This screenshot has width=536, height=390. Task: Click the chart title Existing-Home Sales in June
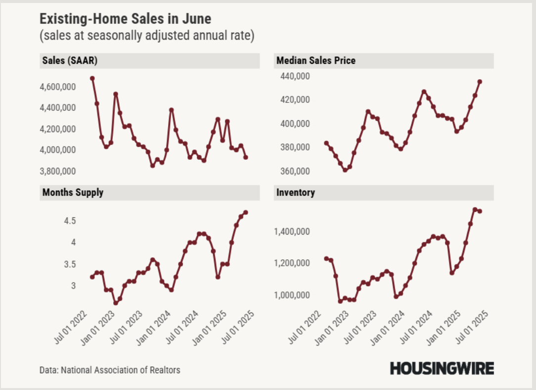point(125,19)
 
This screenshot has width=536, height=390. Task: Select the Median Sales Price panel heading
point(316,61)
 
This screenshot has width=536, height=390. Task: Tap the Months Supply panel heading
point(73,193)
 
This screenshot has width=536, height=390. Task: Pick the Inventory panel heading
point(296,193)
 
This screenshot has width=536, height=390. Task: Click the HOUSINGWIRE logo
point(442,369)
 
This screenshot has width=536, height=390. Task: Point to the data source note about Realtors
point(110,370)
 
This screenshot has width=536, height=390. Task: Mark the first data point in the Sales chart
point(92,78)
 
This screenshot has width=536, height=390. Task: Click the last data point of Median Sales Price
point(480,82)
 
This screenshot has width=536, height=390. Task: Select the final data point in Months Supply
point(246,212)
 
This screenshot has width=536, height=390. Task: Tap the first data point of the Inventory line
point(326,258)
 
